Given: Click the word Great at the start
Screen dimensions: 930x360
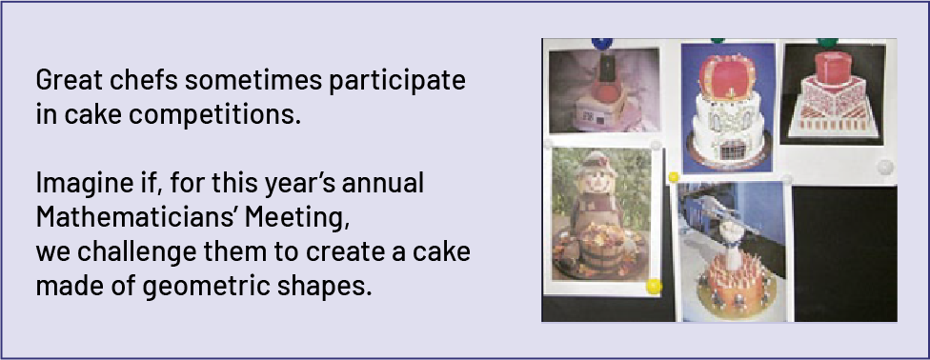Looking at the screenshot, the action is click(62, 80).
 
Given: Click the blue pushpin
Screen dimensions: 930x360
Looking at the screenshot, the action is click(602, 43).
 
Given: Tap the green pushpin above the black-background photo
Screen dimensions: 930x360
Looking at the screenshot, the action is click(827, 42).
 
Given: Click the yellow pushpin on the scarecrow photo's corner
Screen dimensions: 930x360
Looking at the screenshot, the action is click(654, 287).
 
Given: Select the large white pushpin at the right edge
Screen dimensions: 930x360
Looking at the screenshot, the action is click(884, 167).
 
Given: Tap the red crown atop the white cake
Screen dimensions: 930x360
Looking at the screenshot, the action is click(728, 78).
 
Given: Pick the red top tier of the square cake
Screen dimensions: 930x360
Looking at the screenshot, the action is click(832, 67).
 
